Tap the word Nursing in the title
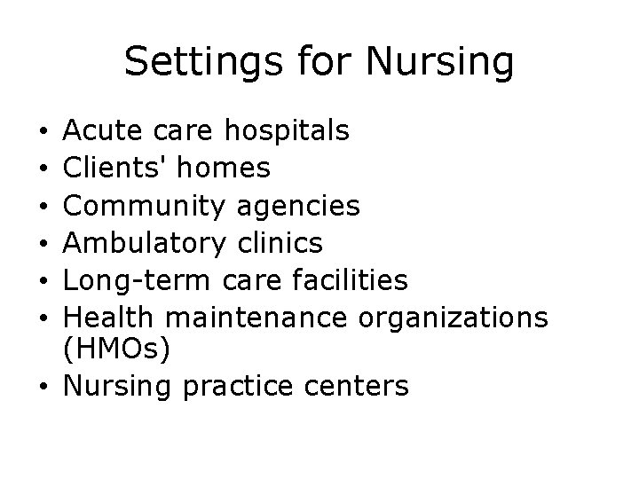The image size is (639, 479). tap(441, 63)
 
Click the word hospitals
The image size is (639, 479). tap(286, 132)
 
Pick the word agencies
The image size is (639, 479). tap(300, 208)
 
